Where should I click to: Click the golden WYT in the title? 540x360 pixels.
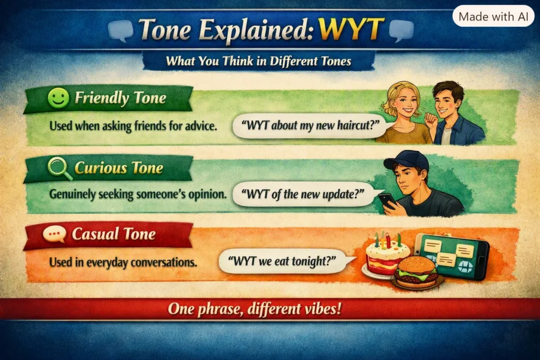351,29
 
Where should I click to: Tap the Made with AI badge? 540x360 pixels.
493,16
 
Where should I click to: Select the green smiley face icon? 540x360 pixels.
58,98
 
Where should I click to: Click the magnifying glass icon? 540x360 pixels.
60,168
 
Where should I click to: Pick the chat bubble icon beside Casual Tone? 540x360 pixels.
54,234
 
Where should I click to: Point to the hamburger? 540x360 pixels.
417,272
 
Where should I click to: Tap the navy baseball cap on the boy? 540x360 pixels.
408,161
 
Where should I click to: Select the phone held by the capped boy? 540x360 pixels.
388,201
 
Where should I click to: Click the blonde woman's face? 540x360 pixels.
403,103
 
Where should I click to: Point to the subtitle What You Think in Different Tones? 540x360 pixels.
258,61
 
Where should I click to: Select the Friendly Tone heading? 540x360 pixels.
120,98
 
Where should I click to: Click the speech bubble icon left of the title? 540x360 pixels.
121,30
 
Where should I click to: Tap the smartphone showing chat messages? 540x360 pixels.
451,255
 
